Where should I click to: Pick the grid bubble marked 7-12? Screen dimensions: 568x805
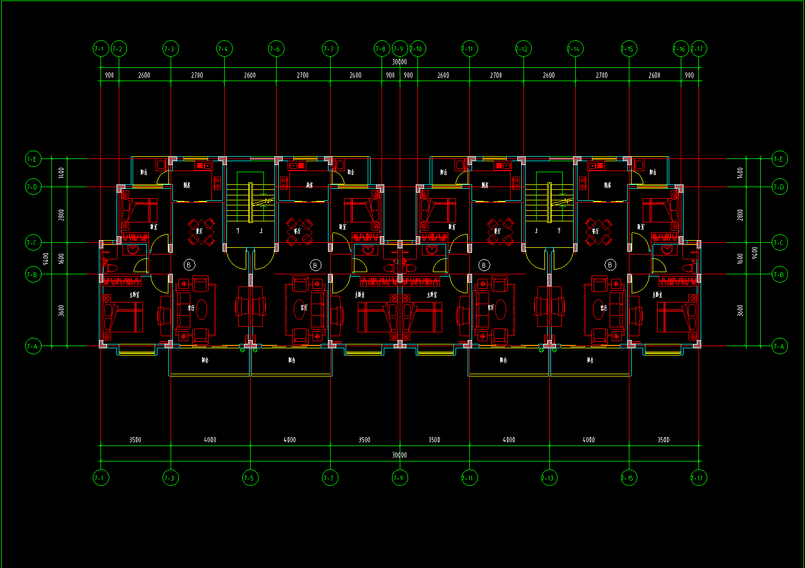pos(522,49)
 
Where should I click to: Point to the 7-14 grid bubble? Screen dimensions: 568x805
pos(575,49)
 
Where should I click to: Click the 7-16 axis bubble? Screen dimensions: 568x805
pos(680,49)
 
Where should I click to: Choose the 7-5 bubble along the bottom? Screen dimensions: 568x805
pos(250,478)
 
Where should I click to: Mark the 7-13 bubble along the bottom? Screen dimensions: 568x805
pos(549,478)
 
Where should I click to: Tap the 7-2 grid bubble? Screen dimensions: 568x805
pos(118,49)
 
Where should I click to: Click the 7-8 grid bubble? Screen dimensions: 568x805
pos(381,49)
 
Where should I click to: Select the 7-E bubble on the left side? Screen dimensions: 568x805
pos(33,160)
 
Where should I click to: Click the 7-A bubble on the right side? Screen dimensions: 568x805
pos(779,347)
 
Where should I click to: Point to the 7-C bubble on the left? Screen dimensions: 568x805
pos(33,242)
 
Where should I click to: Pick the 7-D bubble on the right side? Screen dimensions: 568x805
pos(779,187)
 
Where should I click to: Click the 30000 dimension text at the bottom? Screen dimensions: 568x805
pos(400,455)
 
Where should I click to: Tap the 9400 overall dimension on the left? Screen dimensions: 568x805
pos(46,258)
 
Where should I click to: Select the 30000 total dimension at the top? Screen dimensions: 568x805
pos(400,62)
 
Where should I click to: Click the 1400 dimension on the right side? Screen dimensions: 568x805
pos(740,173)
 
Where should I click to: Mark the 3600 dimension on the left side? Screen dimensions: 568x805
pos(61,310)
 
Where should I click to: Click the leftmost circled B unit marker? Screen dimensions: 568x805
pos(189,265)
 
